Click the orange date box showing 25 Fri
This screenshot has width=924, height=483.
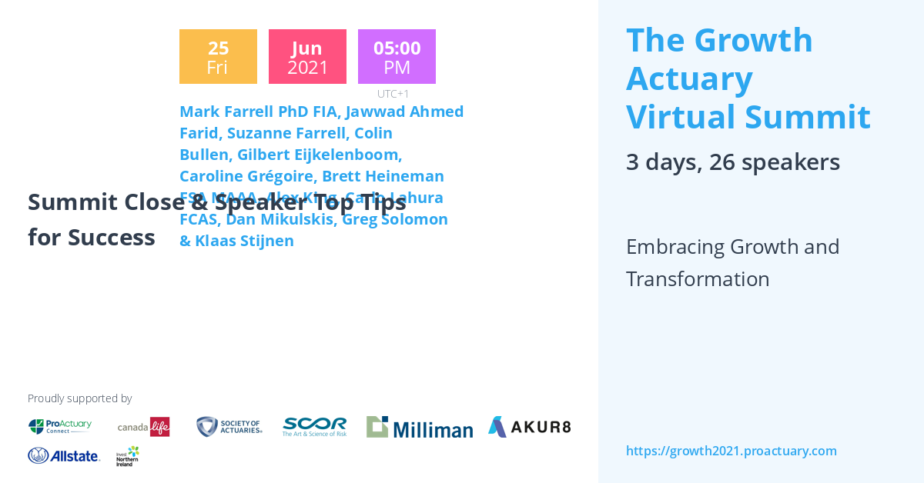pos(218,57)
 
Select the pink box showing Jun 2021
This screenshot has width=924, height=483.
pos(307,57)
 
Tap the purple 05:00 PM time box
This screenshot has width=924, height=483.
pos(397,57)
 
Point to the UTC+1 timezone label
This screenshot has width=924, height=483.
pos(393,94)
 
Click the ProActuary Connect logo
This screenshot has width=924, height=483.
pos(60,426)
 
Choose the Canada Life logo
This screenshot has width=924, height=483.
pos(143,426)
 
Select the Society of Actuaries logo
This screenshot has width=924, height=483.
pos(229,426)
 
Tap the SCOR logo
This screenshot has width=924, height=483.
pos(314,426)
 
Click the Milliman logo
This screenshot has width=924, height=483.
pos(419,427)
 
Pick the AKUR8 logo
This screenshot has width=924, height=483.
pos(529,426)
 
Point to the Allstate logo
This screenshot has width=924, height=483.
pos(64,456)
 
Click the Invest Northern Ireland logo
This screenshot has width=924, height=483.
pos(128,456)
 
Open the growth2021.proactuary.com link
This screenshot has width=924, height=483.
pos(731,451)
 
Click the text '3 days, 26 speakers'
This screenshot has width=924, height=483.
pos(732,162)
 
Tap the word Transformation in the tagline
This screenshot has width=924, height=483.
pos(698,278)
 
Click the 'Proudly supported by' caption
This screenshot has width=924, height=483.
pos(79,398)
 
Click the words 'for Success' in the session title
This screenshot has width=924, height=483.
pos(92,238)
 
